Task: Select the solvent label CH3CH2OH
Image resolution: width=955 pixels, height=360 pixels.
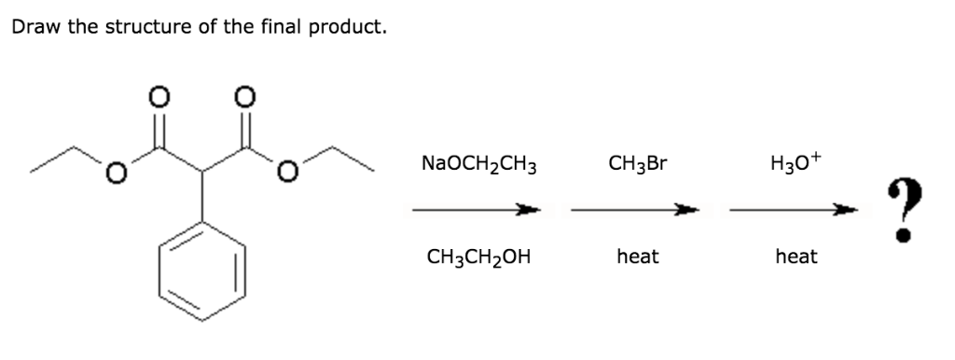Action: point(478,256)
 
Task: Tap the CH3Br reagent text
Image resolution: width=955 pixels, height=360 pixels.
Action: point(637,165)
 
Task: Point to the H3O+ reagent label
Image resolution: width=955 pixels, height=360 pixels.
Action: point(796,164)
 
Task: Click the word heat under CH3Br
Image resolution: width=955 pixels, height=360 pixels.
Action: point(637,256)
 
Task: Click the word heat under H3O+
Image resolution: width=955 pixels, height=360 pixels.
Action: point(796,256)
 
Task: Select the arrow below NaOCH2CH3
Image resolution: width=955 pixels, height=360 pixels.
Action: point(477,210)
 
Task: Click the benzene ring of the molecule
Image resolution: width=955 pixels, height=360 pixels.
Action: point(202,271)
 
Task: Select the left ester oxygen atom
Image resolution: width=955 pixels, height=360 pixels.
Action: point(115,172)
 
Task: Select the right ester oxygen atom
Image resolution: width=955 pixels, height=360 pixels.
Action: point(289,172)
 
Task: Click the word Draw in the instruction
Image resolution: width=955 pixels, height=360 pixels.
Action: point(33,27)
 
